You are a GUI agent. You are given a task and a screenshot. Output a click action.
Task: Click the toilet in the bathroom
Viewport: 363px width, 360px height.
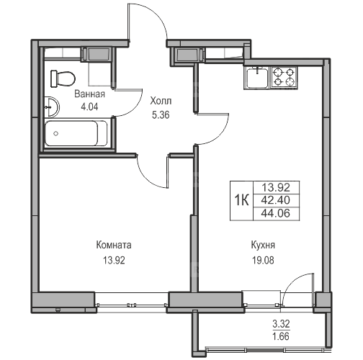[63, 78]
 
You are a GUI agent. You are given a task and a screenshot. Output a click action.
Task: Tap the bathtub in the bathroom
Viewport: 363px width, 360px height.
[76, 133]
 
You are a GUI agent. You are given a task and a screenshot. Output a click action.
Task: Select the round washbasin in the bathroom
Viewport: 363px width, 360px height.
[52, 107]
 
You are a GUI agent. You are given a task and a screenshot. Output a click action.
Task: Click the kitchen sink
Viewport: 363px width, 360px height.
[257, 78]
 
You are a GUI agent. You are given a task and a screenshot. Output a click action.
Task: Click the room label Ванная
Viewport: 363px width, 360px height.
[89, 94]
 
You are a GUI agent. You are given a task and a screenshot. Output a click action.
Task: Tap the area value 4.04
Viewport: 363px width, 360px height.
[89, 107]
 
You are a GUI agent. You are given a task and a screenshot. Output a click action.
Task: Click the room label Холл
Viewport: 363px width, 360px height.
[161, 101]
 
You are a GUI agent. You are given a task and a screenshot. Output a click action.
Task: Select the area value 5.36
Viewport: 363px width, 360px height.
[161, 115]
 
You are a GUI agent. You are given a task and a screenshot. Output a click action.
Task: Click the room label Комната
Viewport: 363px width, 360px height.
[114, 245]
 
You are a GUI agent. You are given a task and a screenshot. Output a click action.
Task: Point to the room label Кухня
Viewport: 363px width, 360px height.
[263, 246]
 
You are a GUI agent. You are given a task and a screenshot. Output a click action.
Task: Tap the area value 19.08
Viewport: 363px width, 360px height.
[263, 260]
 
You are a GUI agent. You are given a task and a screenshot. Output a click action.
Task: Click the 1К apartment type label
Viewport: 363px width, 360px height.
[242, 200]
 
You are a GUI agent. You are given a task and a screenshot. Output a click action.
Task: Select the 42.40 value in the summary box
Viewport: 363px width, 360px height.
[276, 200]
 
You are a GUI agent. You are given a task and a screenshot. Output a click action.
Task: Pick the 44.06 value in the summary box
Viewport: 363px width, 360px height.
[276, 213]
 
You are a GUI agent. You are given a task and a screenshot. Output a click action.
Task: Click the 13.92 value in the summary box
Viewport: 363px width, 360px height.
[276, 187]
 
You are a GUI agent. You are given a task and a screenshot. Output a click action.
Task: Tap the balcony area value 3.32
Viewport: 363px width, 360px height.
[281, 324]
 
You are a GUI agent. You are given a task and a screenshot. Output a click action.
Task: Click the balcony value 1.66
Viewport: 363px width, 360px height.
[281, 336]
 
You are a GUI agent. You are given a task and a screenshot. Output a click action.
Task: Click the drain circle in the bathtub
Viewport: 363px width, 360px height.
[56, 133]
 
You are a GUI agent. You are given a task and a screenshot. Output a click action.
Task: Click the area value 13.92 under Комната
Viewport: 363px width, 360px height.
[114, 260]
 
